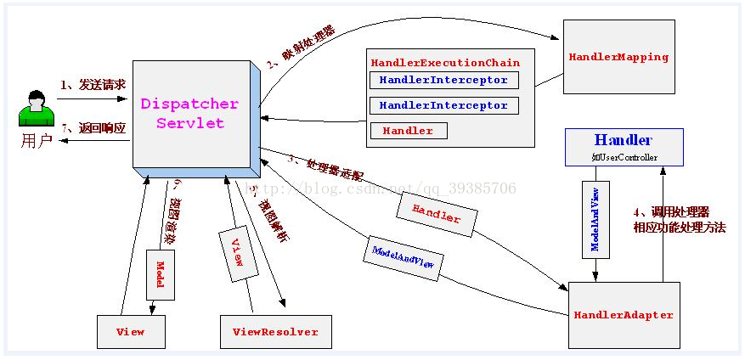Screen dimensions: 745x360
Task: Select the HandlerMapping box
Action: [x=618, y=57]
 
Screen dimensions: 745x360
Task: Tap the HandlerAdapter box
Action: [x=624, y=315]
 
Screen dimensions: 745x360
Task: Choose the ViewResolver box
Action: [x=275, y=331]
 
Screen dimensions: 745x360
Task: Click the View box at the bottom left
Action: [x=129, y=331]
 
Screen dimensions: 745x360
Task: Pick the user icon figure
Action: [x=36, y=108]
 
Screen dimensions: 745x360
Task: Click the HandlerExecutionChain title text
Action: [x=445, y=63]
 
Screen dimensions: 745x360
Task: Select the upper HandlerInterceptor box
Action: [x=443, y=81]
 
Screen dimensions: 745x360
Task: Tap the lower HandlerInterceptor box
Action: [x=443, y=106]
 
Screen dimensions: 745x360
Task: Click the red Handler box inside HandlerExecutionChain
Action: [x=408, y=131]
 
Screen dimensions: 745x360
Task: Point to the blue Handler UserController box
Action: [x=624, y=146]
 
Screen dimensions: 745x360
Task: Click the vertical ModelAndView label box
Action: [x=595, y=218]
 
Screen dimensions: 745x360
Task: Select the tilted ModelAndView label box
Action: [x=404, y=258]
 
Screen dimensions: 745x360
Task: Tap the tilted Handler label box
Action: [x=436, y=213]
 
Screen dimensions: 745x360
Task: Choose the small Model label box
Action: [x=160, y=273]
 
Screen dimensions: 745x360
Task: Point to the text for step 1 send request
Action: [x=93, y=85]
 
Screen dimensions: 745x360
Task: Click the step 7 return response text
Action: [x=93, y=128]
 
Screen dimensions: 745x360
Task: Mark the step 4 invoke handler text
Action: [x=679, y=220]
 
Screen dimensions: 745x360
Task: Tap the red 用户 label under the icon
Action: [x=36, y=141]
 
